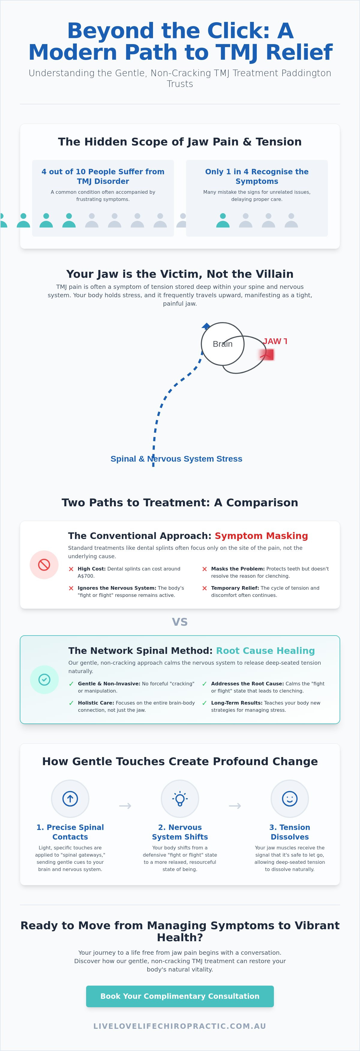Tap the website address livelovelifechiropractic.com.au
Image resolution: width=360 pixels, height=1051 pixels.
coord(180,1026)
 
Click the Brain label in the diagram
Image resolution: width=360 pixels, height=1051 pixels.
coord(222,344)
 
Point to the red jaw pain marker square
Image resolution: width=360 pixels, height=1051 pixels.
coord(267,355)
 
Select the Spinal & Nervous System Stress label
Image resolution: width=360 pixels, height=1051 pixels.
coord(176,459)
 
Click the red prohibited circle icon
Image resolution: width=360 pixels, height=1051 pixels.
coord(44,565)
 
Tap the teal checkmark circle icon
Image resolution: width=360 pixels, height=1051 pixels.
coord(44,679)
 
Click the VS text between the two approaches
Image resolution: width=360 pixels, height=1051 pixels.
coord(180,622)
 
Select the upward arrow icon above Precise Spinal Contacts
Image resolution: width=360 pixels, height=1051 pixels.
coord(70,798)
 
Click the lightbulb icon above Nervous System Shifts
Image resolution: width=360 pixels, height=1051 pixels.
coord(180,798)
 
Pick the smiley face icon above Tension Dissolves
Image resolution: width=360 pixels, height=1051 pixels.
coord(290,798)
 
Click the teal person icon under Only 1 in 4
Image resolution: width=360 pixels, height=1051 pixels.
coord(223,220)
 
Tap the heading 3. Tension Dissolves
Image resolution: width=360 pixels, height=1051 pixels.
coord(290,832)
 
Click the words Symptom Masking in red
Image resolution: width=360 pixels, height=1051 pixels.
coord(261,536)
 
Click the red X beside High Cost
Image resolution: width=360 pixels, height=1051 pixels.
coord(71,569)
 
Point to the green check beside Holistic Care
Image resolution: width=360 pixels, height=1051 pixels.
coord(71,703)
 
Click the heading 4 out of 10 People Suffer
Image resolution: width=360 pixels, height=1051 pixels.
coord(103,176)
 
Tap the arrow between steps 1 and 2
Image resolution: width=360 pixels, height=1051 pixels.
coord(125,806)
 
